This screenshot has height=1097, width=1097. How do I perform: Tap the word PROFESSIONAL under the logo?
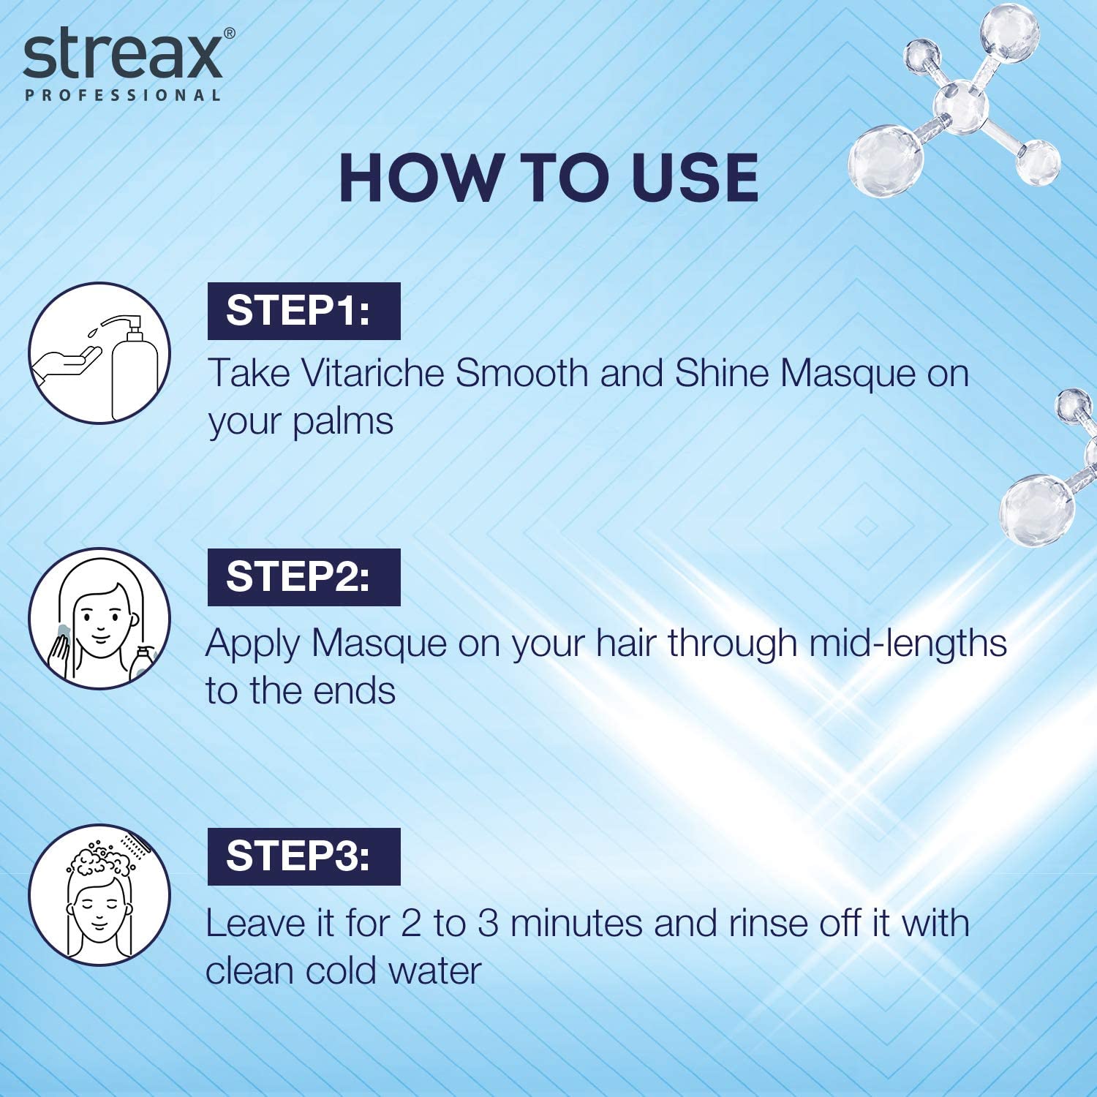pos(123,95)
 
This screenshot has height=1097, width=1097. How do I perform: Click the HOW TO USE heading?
pos(548,178)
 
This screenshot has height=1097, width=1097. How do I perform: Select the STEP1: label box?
pos(304,311)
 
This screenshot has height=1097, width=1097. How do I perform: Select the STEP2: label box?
pos(304,577)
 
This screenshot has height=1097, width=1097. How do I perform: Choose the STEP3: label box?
pos(304,856)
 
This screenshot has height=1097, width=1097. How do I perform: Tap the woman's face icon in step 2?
pos(99,619)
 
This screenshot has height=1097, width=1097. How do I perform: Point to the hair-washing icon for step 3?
pos(99,895)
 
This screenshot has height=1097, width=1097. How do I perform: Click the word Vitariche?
pos(373,373)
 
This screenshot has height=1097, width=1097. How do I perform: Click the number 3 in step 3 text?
pos(488,924)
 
